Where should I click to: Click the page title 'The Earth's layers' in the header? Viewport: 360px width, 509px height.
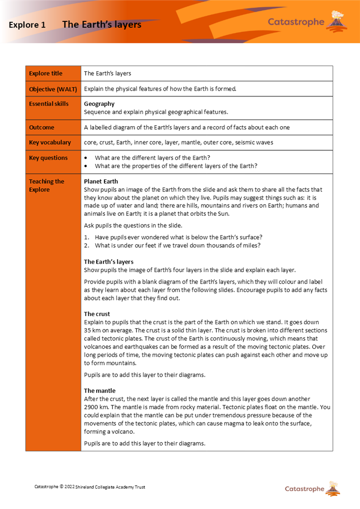click(x=101, y=24)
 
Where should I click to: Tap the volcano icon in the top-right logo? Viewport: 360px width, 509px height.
click(x=336, y=19)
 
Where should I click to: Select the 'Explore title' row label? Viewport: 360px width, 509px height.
click(x=46, y=73)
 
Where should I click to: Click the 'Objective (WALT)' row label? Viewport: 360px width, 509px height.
click(x=53, y=89)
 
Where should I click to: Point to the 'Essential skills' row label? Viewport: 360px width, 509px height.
click(x=48, y=104)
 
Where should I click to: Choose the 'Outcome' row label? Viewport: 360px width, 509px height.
click(x=42, y=127)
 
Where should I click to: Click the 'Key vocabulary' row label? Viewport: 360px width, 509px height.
click(x=50, y=143)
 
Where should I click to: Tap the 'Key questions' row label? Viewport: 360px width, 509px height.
click(x=48, y=158)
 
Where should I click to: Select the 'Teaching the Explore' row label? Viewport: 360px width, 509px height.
click(x=46, y=185)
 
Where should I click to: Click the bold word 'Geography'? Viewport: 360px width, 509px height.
click(x=99, y=104)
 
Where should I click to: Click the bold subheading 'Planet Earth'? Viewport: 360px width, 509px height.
click(x=101, y=181)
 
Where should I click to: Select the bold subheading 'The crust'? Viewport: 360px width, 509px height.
click(x=97, y=314)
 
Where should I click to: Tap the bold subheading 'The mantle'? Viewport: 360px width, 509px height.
click(x=100, y=391)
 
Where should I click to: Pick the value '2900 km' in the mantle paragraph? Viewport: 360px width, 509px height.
click(x=96, y=407)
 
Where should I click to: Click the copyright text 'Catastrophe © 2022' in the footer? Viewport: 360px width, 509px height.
click(x=54, y=487)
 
